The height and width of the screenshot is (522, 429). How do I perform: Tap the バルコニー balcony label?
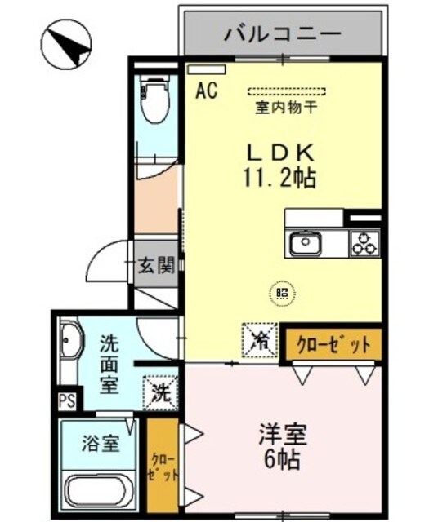[282, 34]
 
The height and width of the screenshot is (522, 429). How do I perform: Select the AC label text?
[206, 91]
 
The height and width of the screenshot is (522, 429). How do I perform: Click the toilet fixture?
[154, 99]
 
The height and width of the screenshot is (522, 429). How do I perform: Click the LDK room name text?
[281, 152]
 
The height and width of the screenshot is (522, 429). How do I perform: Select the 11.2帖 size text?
[283, 175]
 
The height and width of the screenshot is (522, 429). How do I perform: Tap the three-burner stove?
[364, 242]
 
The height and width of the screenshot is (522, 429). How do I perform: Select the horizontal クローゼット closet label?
[333, 343]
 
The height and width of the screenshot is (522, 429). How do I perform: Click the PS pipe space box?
[66, 402]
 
